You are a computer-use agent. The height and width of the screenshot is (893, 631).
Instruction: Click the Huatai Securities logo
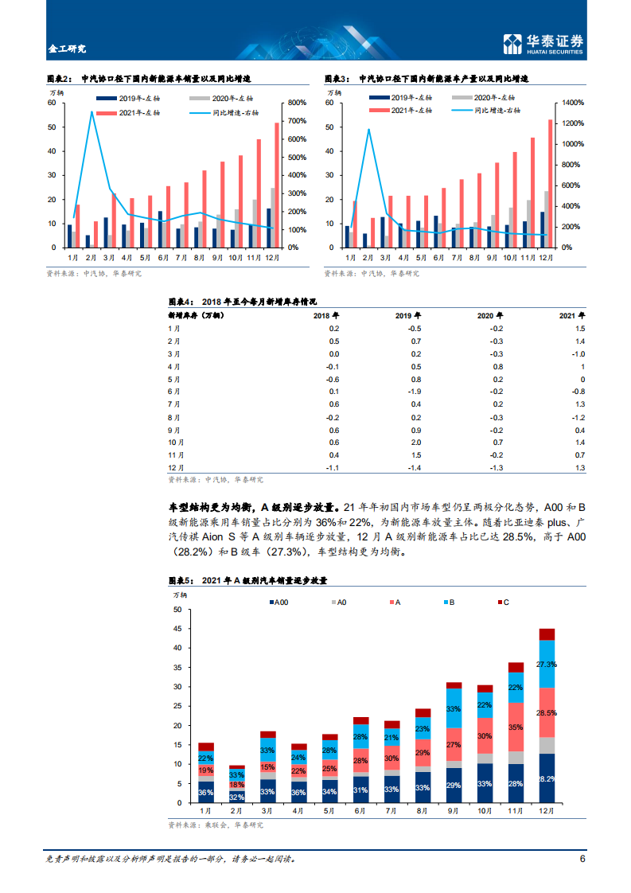point(543,44)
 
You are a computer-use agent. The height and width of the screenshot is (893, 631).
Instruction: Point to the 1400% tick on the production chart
point(572,103)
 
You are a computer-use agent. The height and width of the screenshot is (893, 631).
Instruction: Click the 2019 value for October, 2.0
point(415,442)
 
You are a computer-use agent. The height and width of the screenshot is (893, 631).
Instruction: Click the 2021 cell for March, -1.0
point(578,353)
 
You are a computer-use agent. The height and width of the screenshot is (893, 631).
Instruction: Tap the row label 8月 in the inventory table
point(175,416)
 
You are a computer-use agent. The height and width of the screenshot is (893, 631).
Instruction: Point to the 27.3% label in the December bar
point(547,664)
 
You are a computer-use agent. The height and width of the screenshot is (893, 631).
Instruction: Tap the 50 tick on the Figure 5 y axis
point(177,610)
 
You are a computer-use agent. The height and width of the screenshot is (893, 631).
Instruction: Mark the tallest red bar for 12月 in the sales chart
point(277,185)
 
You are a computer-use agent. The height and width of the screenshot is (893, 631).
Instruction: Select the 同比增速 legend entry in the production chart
point(493,111)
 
